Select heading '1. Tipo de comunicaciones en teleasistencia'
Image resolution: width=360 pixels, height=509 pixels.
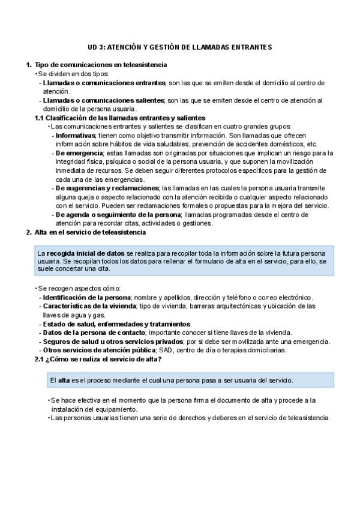coord(97,65)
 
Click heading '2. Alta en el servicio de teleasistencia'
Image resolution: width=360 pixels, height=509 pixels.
coord(89,232)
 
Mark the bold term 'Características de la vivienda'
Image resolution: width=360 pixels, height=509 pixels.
coord(89,306)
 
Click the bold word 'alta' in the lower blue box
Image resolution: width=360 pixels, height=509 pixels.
coord(64,380)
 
